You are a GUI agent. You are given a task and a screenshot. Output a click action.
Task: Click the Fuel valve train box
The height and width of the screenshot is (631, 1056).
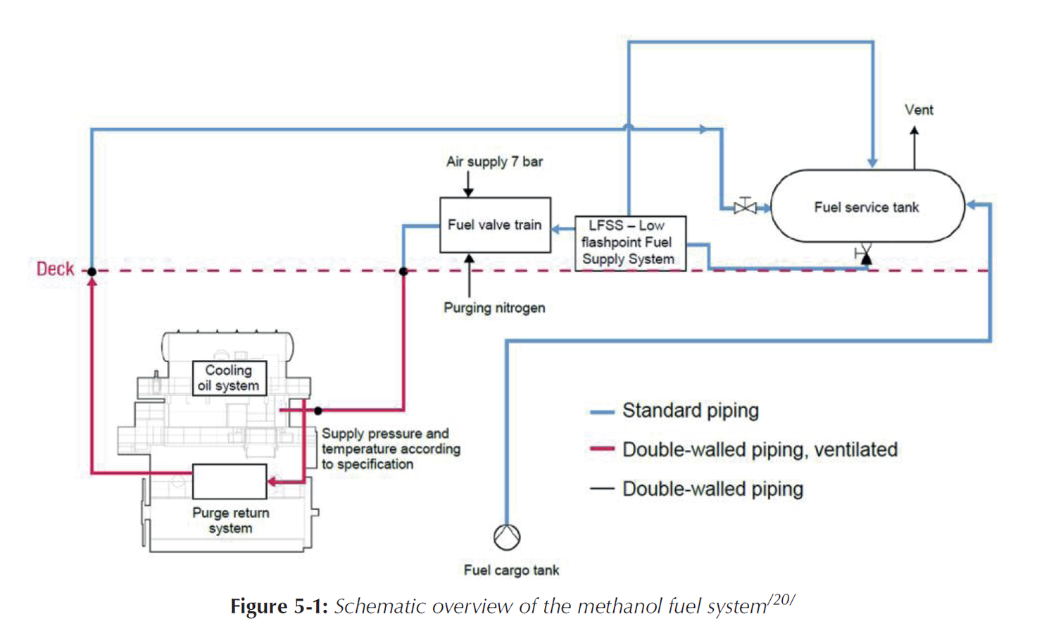click(x=495, y=225)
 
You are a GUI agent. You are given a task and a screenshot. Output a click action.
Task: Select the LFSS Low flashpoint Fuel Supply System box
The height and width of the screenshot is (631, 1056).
click(x=629, y=243)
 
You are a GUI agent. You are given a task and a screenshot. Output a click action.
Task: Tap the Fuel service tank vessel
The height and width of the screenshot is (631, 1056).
click(x=867, y=206)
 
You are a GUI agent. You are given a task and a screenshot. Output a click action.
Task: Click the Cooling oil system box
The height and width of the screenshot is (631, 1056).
click(x=229, y=378)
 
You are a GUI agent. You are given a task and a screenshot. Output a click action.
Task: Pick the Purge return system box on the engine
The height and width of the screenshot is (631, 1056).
click(x=230, y=481)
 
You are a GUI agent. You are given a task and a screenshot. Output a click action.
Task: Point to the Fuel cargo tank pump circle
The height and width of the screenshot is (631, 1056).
click(x=507, y=537)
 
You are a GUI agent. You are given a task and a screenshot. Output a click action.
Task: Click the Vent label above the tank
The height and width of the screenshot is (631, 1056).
click(x=919, y=110)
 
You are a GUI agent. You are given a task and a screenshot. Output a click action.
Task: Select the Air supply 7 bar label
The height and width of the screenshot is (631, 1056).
click(x=494, y=161)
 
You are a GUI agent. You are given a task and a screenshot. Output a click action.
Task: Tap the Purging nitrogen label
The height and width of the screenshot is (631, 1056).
click(x=494, y=308)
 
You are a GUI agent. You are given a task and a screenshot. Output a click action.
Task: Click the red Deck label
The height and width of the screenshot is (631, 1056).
click(x=55, y=269)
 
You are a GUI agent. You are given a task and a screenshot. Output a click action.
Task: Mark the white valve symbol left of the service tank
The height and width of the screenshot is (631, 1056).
click(x=745, y=207)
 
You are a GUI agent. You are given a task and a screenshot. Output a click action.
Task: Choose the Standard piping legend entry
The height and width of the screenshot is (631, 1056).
click(x=690, y=411)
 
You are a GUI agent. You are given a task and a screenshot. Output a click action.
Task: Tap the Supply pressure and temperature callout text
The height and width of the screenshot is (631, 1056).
click(x=391, y=449)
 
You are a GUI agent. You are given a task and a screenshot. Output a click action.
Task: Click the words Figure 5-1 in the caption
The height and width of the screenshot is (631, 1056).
click(x=279, y=606)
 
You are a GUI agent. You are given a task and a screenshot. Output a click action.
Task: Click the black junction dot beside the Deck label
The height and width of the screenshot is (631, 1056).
click(x=92, y=271)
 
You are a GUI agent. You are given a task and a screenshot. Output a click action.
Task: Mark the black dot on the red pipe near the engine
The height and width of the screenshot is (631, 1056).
click(x=318, y=410)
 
